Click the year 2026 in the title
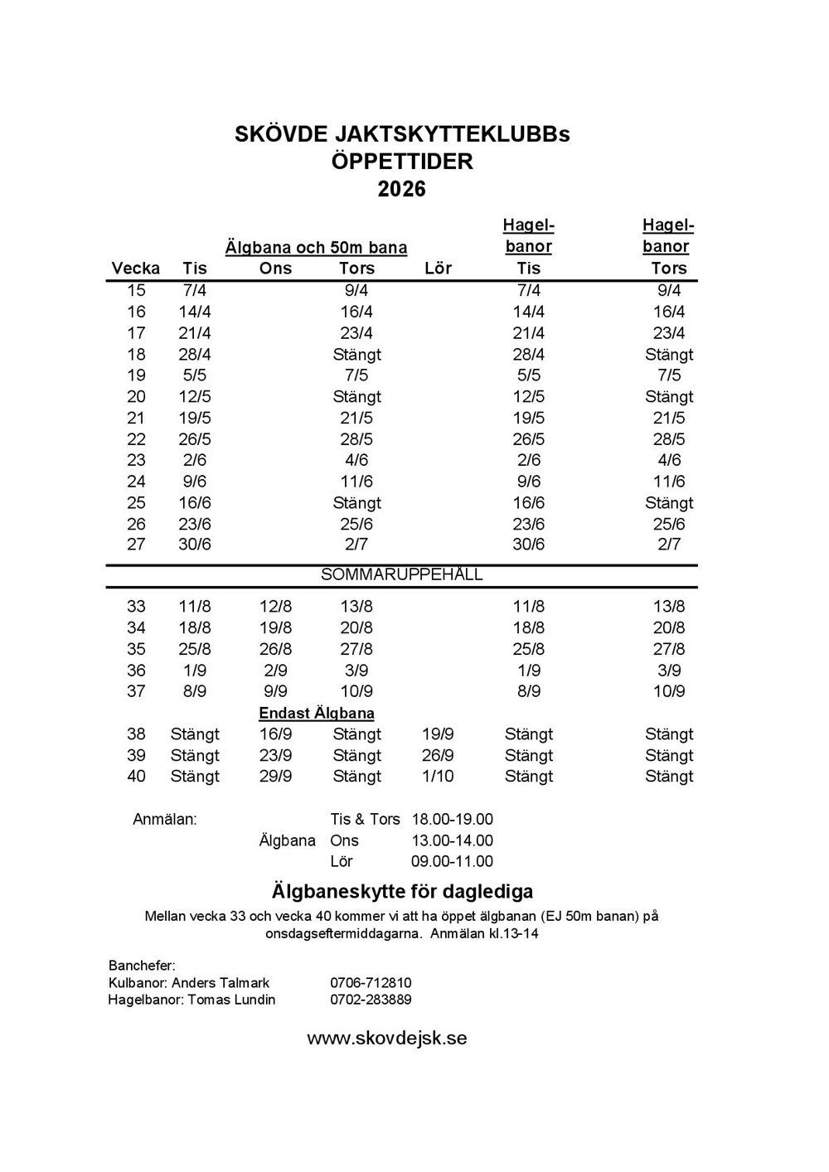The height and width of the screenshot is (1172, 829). tap(402, 189)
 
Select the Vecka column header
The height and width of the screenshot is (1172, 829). tap(136, 268)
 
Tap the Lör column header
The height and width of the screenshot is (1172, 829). tap(438, 268)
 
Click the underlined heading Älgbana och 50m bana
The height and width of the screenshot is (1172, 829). tap(316, 247)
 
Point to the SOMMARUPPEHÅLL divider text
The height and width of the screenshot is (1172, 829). tap(401, 574)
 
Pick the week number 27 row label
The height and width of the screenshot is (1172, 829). tap(136, 545)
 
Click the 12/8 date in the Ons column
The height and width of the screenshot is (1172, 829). tap(275, 607)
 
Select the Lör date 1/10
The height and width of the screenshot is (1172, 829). tap(438, 777)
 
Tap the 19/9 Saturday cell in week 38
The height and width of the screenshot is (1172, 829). tap(438, 734)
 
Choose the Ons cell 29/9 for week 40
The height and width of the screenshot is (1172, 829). tap(275, 777)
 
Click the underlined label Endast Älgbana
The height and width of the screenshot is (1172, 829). tap(317, 714)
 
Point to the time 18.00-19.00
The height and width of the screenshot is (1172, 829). tap(452, 819)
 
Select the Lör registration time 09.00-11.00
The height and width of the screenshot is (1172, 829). tap(452, 861)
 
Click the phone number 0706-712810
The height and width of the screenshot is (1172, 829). tap(371, 983)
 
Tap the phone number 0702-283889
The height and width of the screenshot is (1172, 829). tap(371, 1000)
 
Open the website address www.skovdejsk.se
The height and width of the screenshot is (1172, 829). tap(387, 1039)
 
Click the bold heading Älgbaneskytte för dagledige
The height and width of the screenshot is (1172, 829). tap(402, 892)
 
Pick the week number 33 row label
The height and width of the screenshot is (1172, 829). tap(136, 607)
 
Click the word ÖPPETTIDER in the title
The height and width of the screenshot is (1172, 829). tap(402, 161)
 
